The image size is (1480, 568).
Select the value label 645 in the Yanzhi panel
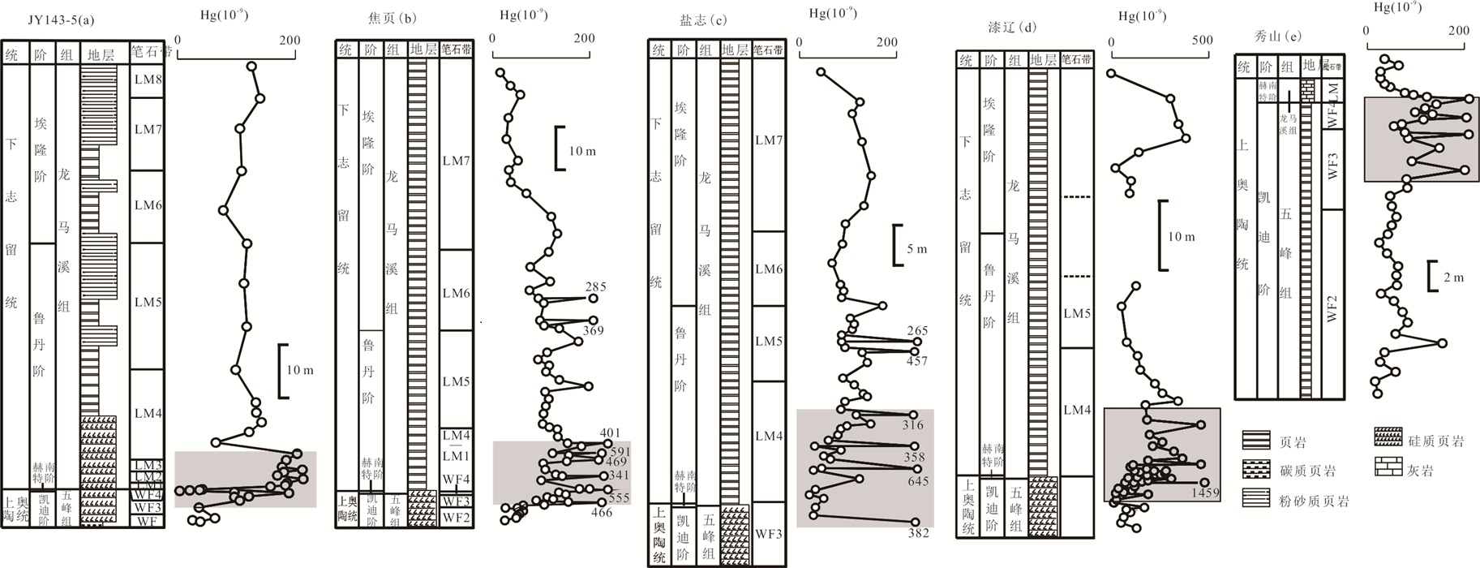(x=917, y=481)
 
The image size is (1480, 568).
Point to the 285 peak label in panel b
(x=595, y=286)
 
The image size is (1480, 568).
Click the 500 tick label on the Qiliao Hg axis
(x=1202, y=41)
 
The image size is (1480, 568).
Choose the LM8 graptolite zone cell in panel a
(x=148, y=80)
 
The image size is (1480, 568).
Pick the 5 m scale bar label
(x=917, y=249)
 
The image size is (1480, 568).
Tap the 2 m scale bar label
(x=1454, y=278)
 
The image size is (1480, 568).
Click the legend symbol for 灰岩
(x=1388, y=467)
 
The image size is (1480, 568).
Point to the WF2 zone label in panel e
(x=1332, y=308)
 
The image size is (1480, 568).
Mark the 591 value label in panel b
(x=620, y=452)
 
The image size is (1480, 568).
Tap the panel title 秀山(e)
(x=1277, y=36)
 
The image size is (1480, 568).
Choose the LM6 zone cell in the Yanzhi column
(x=768, y=269)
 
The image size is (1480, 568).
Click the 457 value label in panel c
(x=916, y=361)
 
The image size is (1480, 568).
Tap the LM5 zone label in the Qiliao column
(x=1076, y=313)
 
